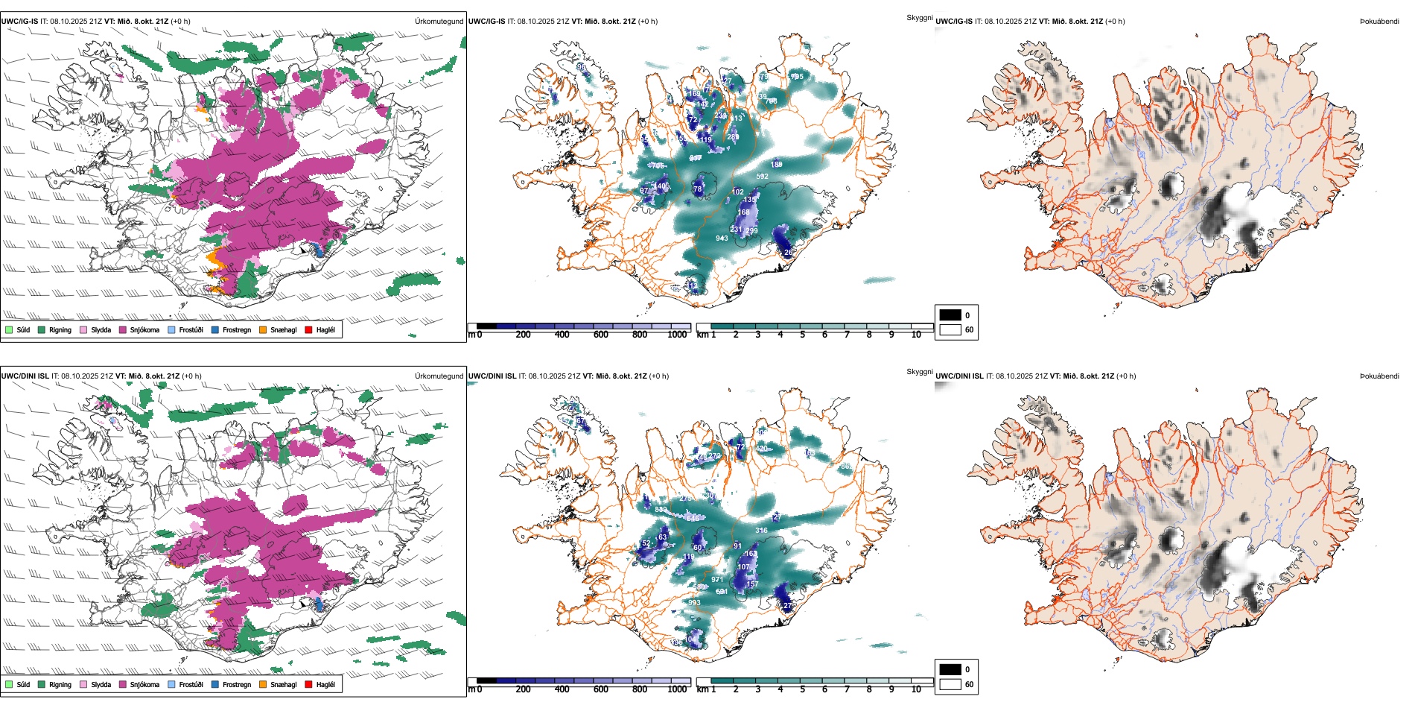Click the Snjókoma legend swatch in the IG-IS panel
(x=123, y=329)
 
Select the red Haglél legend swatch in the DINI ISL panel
(x=308, y=684)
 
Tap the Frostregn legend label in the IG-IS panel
(x=237, y=329)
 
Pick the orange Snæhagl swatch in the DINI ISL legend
(x=263, y=684)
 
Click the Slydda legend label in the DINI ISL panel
(x=101, y=684)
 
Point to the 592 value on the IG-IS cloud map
(x=762, y=177)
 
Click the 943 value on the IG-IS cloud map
(x=722, y=238)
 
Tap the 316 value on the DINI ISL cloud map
(x=761, y=531)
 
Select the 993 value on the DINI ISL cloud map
(x=694, y=603)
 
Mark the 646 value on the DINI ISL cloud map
(x=693, y=518)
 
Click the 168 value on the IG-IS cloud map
(x=743, y=212)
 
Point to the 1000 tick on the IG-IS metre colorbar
(x=677, y=335)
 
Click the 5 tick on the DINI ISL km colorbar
(x=802, y=689)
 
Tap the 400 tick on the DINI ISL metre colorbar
(x=562, y=689)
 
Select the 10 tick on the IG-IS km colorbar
(x=916, y=335)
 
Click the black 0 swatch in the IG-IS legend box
(x=950, y=315)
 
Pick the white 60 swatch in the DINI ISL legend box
(x=950, y=684)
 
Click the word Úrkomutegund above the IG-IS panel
(x=439, y=22)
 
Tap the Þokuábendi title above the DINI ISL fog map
(x=1379, y=376)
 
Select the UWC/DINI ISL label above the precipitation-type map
(x=25, y=376)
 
